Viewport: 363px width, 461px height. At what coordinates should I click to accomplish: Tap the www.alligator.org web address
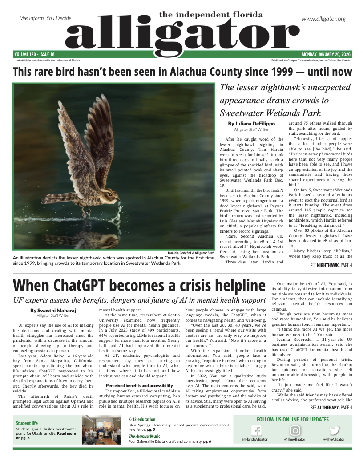tap(323, 19)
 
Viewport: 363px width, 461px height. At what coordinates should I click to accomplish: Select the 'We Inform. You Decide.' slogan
tap(46, 19)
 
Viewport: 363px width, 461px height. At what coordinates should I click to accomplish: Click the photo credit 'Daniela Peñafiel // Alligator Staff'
tap(190, 253)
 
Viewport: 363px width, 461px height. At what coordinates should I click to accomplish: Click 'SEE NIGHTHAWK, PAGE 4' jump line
tap(331, 265)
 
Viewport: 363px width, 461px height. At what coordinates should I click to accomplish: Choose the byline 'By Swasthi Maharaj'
tap(50, 310)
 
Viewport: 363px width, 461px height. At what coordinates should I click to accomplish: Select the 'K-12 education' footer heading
tap(141, 419)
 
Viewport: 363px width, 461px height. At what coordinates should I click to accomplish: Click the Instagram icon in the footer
tap(295, 431)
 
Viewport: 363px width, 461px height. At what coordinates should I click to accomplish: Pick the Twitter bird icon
tap(335, 431)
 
